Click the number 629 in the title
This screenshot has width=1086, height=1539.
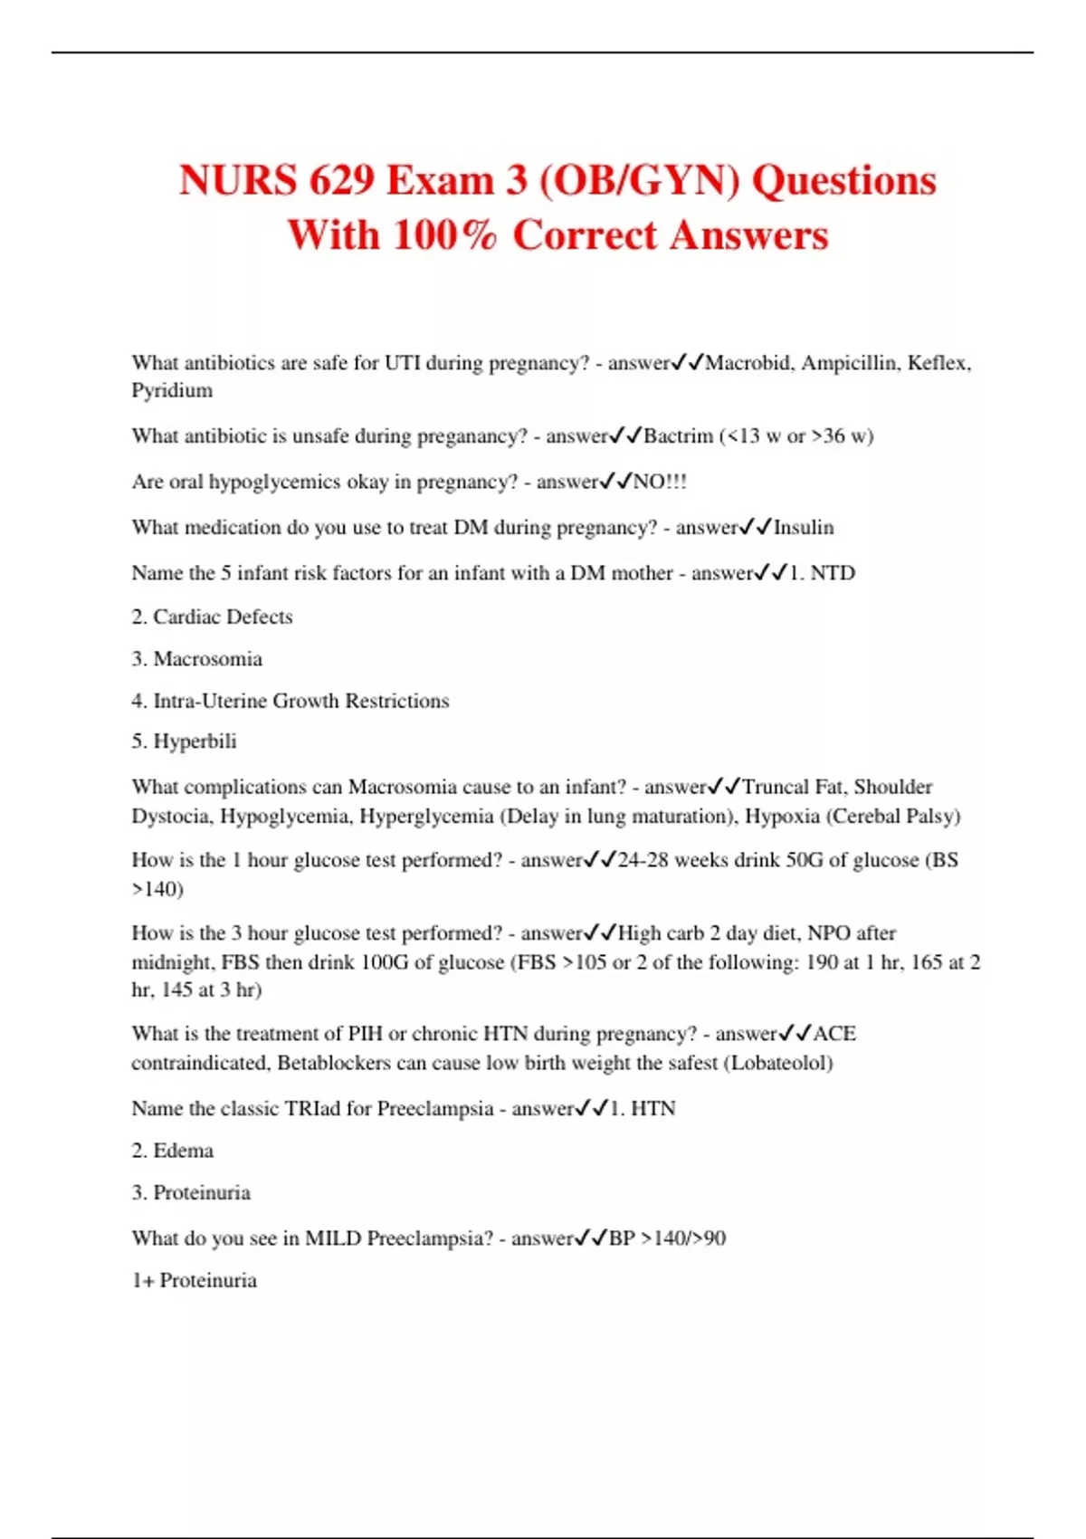[341, 180]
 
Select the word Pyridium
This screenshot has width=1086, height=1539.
[172, 391]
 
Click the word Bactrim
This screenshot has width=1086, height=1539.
[678, 436]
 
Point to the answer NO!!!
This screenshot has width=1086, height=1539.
[660, 482]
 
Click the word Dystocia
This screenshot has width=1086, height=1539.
[171, 817]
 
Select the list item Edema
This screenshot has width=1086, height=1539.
[184, 1151]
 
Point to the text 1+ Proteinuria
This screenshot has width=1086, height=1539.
[195, 1280]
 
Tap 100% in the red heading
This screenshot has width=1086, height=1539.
[445, 234]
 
